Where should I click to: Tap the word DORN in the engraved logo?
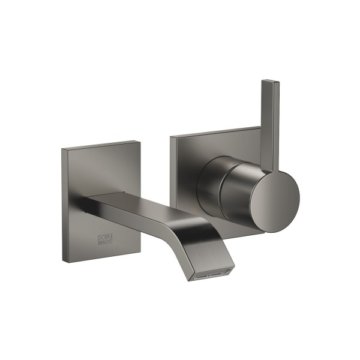(x=104, y=238)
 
